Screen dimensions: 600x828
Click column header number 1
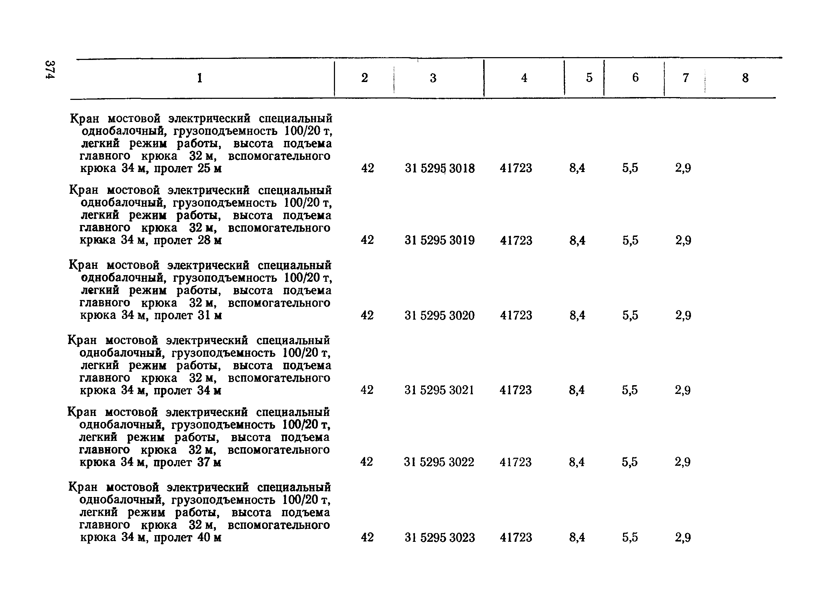click(x=199, y=78)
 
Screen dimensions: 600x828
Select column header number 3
click(x=433, y=78)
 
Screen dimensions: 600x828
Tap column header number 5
click(x=589, y=77)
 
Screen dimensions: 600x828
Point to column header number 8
click(x=745, y=78)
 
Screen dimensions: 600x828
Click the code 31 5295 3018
click(x=440, y=168)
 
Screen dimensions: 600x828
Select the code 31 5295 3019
click(x=439, y=240)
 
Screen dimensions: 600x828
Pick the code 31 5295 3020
click(x=439, y=315)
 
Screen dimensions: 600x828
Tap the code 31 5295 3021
click(x=439, y=390)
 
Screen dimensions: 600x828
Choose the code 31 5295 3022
click(x=439, y=462)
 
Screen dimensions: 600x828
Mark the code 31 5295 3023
click(x=440, y=538)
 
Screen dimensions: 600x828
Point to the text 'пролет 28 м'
click(x=187, y=241)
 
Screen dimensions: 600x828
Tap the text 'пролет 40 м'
click(x=187, y=538)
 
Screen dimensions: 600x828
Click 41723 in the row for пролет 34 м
click(x=516, y=390)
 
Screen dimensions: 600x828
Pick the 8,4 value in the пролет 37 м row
click(x=577, y=462)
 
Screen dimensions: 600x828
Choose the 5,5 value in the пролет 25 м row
click(x=630, y=168)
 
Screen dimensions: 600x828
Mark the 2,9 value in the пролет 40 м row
click(x=683, y=538)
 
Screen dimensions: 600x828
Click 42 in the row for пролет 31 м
click(x=367, y=315)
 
